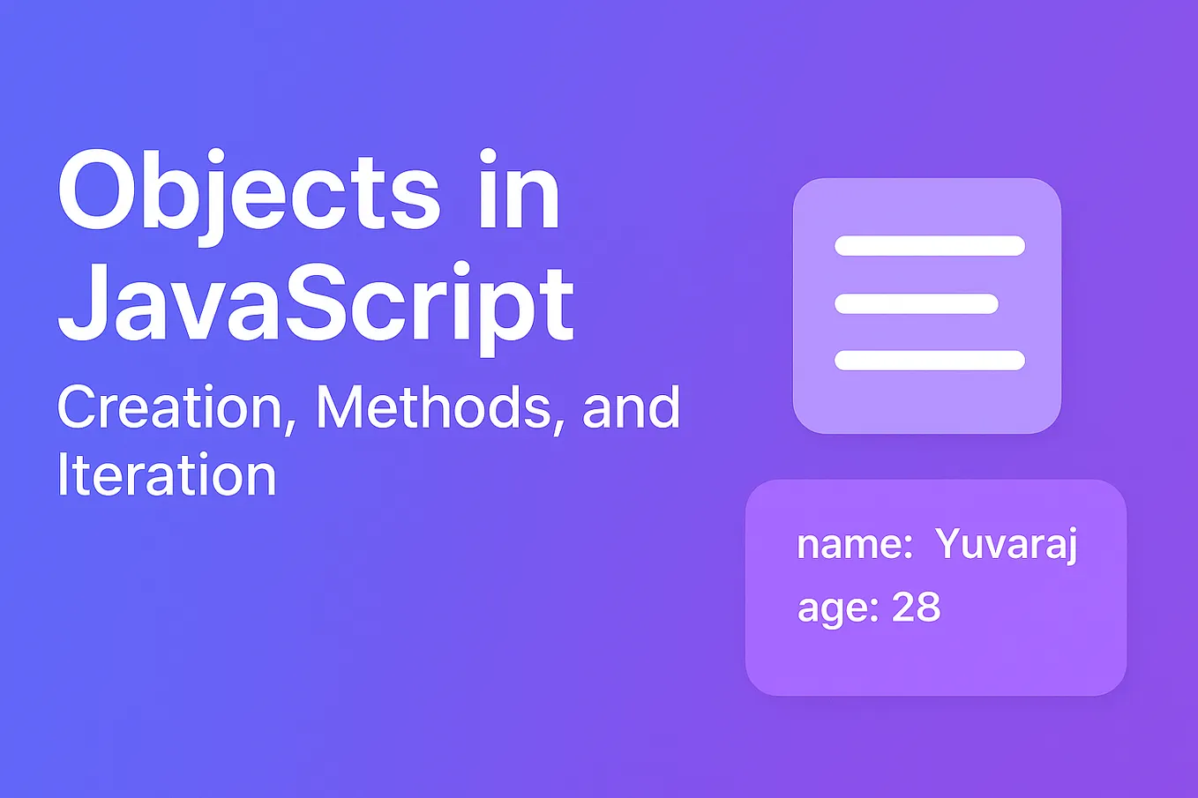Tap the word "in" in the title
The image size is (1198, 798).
click(x=520, y=192)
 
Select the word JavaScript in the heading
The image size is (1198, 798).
click(x=316, y=305)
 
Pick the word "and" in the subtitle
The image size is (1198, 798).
click(x=632, y=408)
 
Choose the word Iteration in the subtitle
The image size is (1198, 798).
click(x=167, y=475)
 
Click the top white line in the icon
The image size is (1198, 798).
click(x=930, y=246)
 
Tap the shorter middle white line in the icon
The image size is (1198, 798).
click(x=917, y=304)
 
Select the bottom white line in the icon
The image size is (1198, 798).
click(x=930, y=360)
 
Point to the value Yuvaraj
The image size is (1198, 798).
click(x=1007, y=546)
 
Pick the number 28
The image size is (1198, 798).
click(x=917, y=608)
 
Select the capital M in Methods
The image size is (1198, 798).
click(x=340, y=407)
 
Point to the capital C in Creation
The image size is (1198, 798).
click(x=78, y=407)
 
